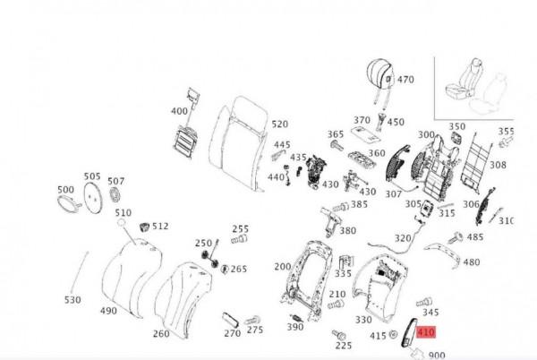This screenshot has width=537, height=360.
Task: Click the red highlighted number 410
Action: click(x=426, y=332)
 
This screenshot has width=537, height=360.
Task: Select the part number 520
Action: click(x=280, y=124)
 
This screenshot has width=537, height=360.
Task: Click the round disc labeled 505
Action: click(x=93, y=198)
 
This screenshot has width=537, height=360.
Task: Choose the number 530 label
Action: click(x=72, y=300)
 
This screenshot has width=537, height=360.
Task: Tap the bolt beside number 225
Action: click(x=338, y=335)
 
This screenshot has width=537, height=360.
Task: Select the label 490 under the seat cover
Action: click(x=108, y=311)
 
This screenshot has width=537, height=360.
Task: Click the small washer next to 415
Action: click(x=393, y=334)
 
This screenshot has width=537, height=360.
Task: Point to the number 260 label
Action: click(x=161, y=334)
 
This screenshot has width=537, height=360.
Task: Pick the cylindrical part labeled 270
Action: click(x=230, y=320)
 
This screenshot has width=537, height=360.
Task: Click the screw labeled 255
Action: click(x=239, y=239)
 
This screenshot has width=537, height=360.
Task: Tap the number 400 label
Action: click(x=180, y=111)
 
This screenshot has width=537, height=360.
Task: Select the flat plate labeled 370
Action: click(x=366, y=134)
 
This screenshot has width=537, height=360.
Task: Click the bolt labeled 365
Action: click(x=337, y=146)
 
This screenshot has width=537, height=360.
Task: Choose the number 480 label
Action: click(x=472, y=262)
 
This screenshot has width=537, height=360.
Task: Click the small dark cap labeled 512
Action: click(x=145, y=227)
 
